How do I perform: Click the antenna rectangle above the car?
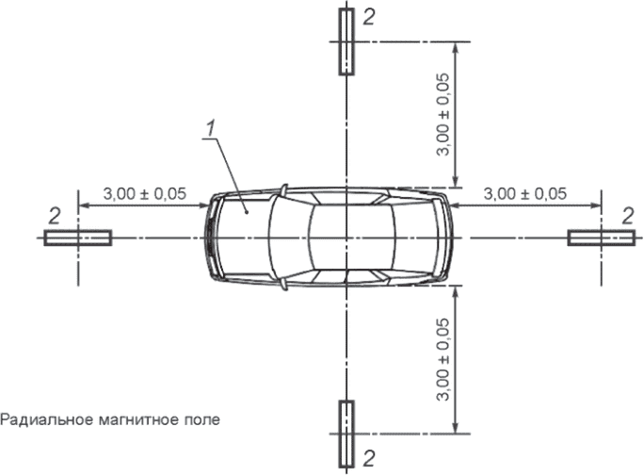click(x=346, y=41)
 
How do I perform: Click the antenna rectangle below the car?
click(x=346, y=434)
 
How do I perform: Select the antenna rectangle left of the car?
click(x=78, y=238)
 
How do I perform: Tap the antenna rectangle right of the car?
click(x=602, y=238)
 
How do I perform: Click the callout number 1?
click(x=210, y=129)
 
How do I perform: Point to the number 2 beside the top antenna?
click(x=369, y=17)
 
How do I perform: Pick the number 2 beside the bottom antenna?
click(x=369, y=458)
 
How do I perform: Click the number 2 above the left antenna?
click(x=55, y=216)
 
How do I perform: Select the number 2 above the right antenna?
click(x=628, y=216)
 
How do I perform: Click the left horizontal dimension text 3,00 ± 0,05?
click(x=145, y=193)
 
